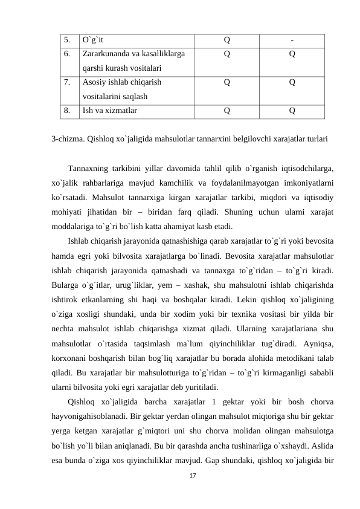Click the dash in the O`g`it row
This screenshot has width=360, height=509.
click(292, 40)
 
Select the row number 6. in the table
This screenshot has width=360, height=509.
click(66, 53)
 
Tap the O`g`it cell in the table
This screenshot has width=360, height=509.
click(94, 40)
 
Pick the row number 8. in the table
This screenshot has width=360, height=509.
click(66, 111)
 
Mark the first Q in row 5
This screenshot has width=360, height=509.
click(227, 40)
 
